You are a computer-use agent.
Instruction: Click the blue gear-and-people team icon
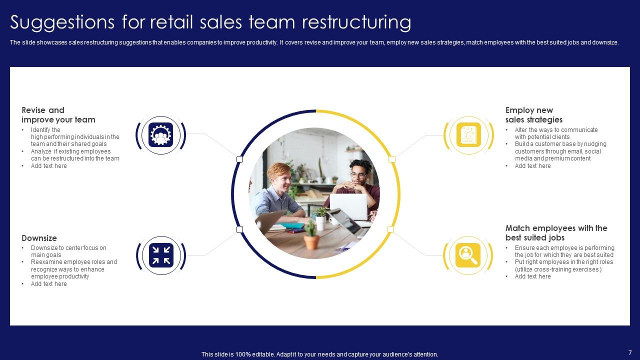160,135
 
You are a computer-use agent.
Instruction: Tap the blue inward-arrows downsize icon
160,254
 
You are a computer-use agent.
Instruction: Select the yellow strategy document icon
468,135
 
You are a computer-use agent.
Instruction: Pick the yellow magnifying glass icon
468,254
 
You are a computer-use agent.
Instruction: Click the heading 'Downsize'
39,238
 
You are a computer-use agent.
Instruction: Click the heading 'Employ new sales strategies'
533,115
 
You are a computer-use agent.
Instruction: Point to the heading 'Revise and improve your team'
58,115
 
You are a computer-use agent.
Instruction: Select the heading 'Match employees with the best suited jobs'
556,233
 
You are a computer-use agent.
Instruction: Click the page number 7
630,352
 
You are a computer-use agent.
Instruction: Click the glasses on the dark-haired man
358,175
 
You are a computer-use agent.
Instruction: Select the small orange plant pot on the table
311,242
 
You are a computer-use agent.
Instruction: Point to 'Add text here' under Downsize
48,284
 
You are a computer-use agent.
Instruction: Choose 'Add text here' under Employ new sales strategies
532,166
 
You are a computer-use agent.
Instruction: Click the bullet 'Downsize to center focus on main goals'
68,251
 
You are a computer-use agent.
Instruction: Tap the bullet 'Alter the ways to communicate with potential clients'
556,133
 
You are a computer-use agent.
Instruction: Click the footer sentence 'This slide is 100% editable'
319,354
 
